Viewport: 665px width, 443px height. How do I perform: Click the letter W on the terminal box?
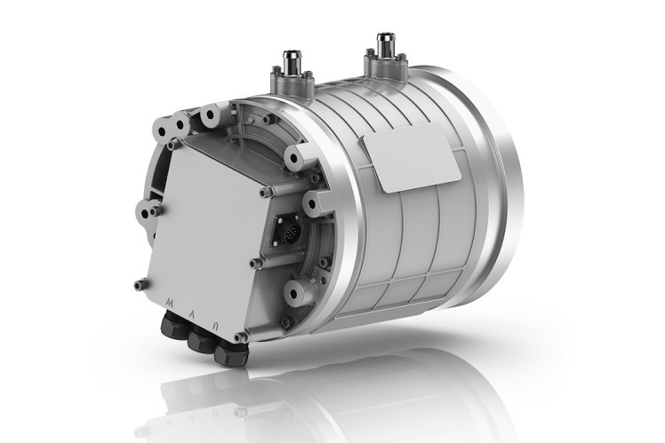170,304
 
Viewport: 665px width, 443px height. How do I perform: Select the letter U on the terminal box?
213,321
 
